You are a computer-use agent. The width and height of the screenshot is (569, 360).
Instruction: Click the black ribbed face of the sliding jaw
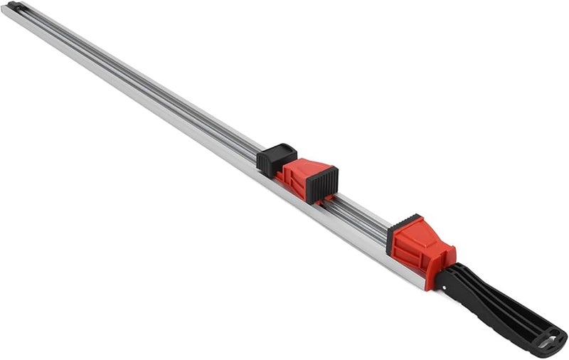(326, 184)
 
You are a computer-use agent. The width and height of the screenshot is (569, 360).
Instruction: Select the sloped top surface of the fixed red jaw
(427, 232)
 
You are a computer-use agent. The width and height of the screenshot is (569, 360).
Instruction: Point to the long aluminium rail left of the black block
(142, 85)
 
